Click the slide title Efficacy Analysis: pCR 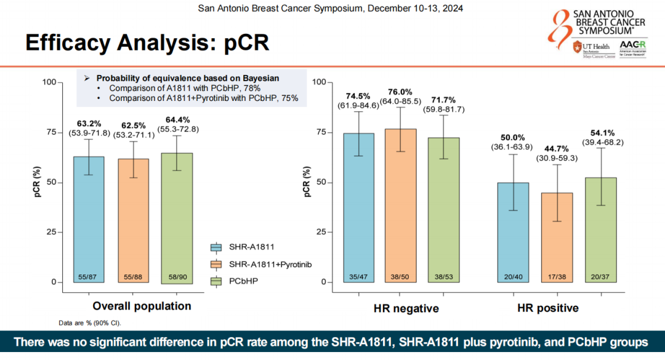coord(147,44)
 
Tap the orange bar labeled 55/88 coord(133,221)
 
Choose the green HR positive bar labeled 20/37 coord(600,230)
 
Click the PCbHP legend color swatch coord(216,281)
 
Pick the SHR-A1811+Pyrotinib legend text coord(270,264)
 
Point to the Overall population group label coord(142,306)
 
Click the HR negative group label coord(406,308)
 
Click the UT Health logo coord(588,47)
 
